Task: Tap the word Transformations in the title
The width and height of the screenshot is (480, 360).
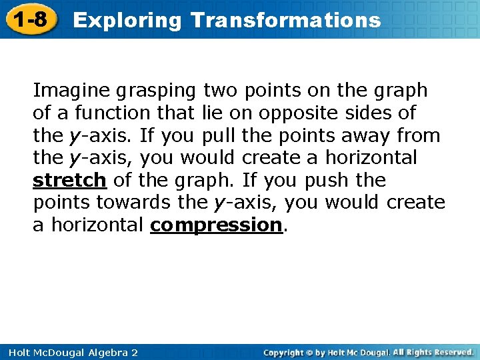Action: click(x=285, y=20)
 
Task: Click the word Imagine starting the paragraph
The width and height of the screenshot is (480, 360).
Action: click(x=71, y=90)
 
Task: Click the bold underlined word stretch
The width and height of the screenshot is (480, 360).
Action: click(x=69, y=180)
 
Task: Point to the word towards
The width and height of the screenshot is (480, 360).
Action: click(x=129, y=202)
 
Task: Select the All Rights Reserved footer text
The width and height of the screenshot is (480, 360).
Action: click(x=432, y=352)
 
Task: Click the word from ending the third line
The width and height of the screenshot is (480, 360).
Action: click(x=419, y=135)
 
